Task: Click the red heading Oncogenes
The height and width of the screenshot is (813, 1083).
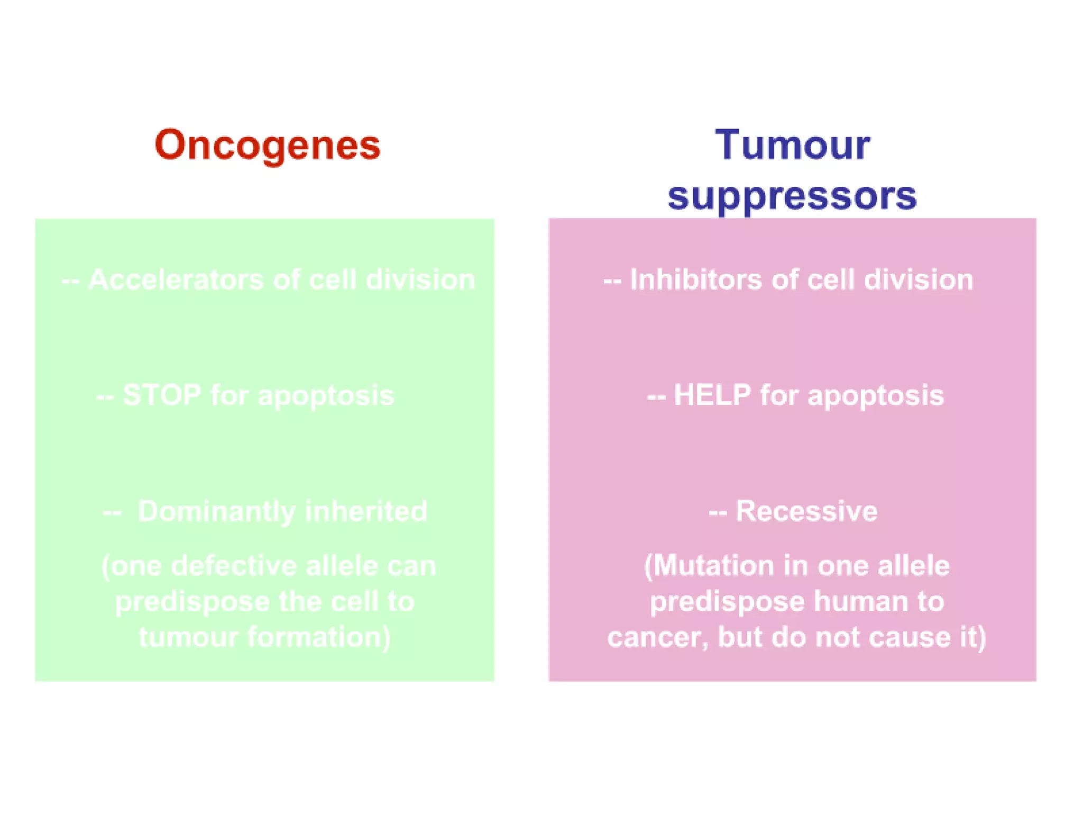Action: click(268, 145)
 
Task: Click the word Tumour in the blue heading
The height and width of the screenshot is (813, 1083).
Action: click(792, 144)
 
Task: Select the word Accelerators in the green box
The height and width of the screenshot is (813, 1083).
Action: click(176, 279)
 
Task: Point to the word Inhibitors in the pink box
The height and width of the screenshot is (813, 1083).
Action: click(696, 279)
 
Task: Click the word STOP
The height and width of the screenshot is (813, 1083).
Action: click(162, 395)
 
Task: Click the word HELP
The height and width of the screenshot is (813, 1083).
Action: click(712, 395)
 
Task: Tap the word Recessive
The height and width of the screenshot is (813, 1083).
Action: click(806, 511)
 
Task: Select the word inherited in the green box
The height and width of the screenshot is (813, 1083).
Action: click(366, 511)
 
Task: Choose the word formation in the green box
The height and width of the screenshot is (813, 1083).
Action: click(319, 637)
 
